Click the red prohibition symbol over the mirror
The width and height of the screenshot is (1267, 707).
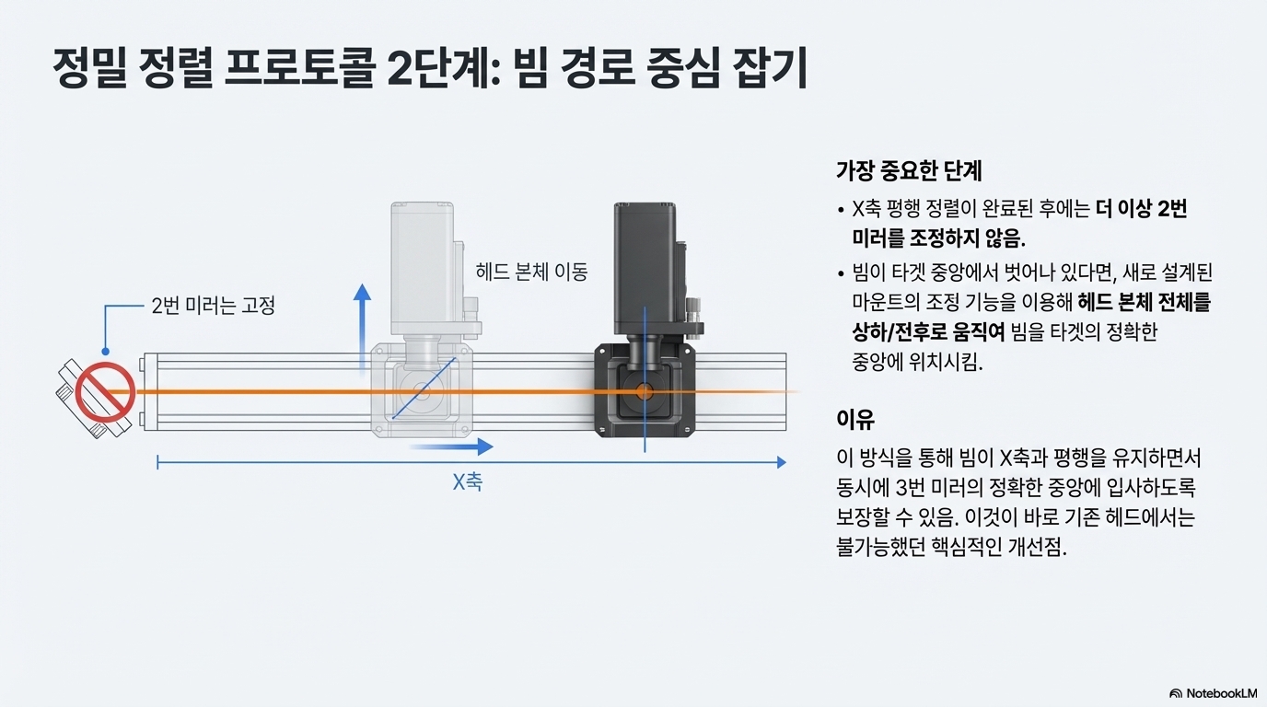pos(105,392)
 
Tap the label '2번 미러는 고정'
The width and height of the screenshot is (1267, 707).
pos(213,306)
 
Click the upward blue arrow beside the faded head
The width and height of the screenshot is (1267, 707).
pos(362,328)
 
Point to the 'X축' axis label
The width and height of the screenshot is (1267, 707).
pos(468,481)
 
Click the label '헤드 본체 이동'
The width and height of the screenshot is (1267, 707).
pos(531,272)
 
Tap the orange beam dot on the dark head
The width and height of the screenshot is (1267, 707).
pos(645,392)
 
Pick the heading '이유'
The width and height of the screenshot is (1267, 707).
pos(854,420)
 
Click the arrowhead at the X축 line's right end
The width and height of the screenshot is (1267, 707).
pos(781,462)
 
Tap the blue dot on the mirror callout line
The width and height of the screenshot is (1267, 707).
pos(106,352)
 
